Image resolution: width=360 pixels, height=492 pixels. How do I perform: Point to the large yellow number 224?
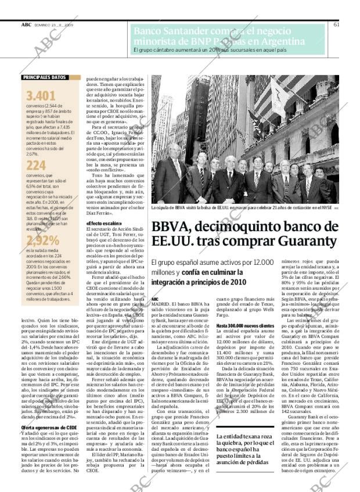pyautogui.click(x=36, y=166)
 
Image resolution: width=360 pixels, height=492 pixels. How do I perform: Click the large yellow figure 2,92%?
pyautogui.click(x=42, y=240)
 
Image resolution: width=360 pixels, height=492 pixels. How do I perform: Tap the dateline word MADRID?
pyautogui.click(x=160, y=304)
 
